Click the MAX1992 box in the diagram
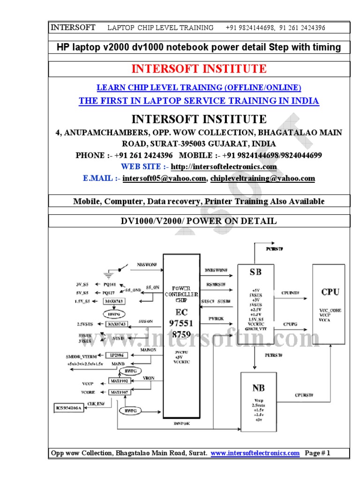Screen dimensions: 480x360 point(118,381)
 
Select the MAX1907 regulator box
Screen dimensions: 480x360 point(118,392)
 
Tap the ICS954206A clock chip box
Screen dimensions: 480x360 point(68,408)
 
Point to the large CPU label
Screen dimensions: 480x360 point(330,292)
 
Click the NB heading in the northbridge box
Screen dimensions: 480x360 point(258,388)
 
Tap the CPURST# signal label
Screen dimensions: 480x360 point(304,395)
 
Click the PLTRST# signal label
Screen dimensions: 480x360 point(274,355)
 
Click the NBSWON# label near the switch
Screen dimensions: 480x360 point(147,264)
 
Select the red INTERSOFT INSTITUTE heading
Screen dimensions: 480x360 point(199,69)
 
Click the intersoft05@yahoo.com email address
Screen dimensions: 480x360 point(164,179)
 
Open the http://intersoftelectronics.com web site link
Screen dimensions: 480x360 point(224,167)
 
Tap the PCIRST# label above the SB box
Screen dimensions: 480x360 point(274,248)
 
